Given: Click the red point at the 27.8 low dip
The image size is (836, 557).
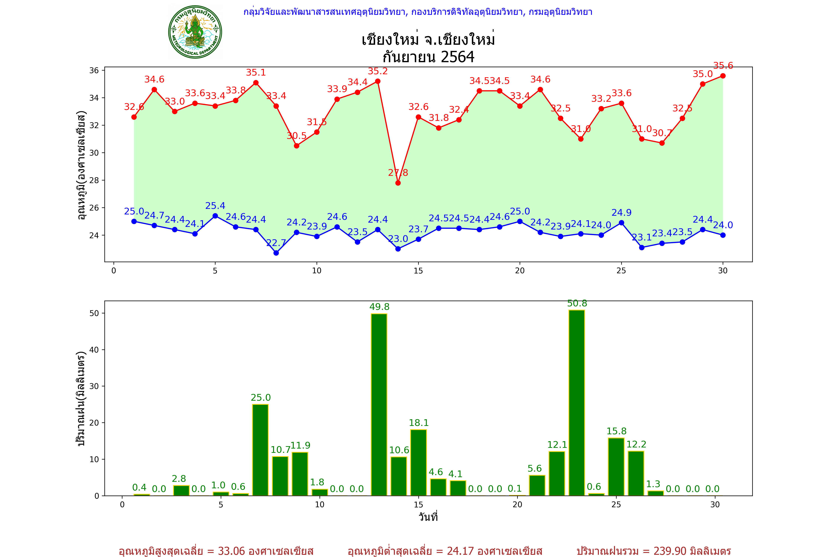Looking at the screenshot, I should click(398, 183).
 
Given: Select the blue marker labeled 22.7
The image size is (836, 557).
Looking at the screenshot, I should click(276, 253).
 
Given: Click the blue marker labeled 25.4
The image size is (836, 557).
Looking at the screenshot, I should click(215, 216).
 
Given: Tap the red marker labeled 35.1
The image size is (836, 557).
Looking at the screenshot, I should click(256, 83).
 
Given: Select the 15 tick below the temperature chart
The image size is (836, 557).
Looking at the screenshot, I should click(418, 271).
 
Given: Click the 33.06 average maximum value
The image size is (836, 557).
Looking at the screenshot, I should click(231, 551).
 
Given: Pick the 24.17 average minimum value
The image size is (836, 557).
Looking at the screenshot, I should click(460, 551).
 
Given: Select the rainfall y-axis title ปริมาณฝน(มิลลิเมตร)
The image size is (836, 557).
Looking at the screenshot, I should click(81, 399).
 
